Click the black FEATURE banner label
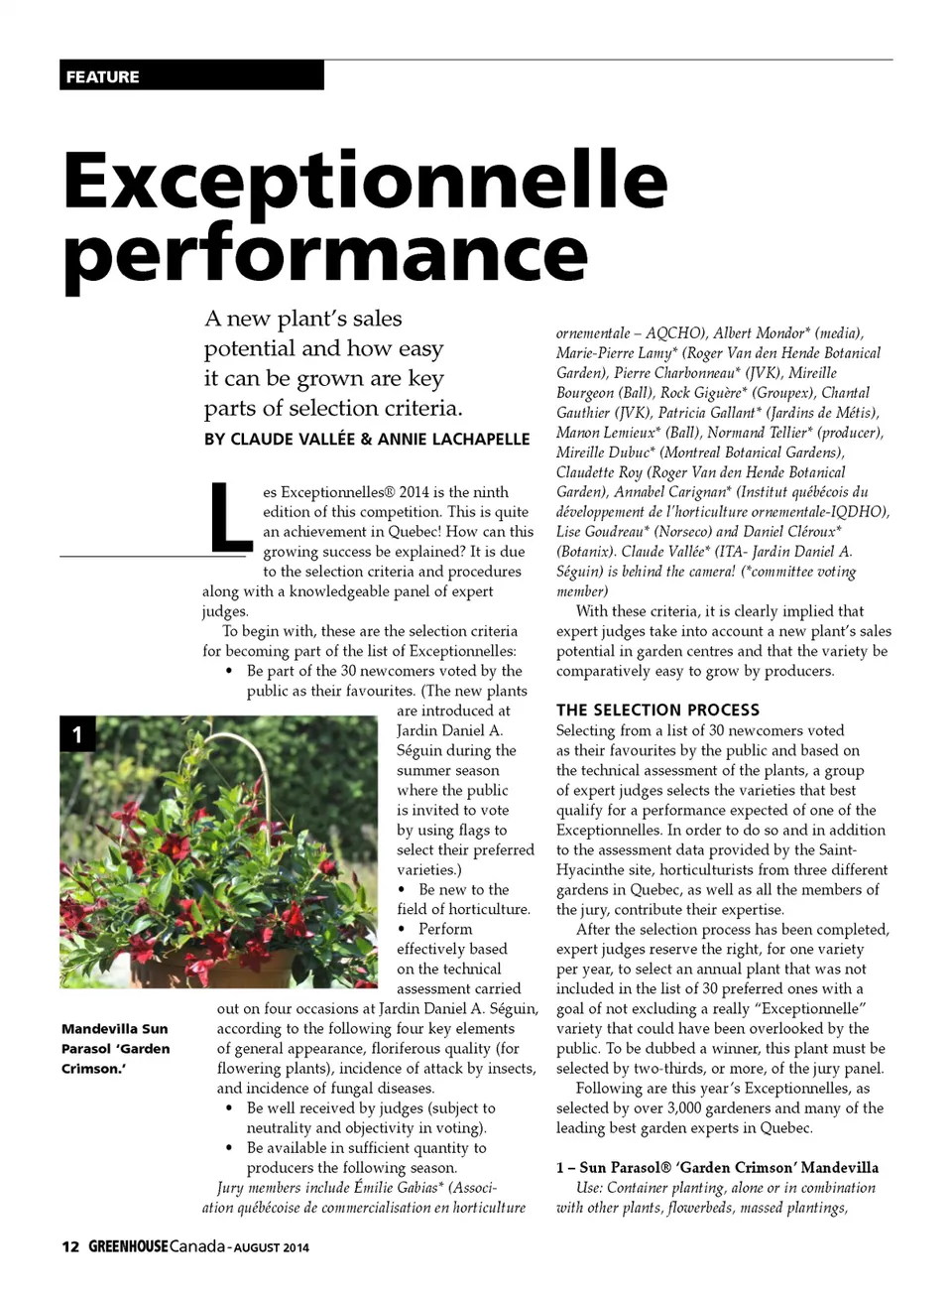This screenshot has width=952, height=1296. (x=102, y=76)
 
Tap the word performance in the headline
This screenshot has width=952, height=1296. (x=325, y=253)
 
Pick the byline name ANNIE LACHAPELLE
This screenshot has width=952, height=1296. (x=453, y=439)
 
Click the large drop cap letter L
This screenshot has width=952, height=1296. (x=230, y=517)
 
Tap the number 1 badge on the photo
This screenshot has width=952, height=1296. (x=77, y=735)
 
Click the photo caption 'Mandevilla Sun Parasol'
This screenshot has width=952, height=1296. (x=114, y=1039)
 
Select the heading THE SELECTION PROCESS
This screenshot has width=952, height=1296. (x=657, y=710)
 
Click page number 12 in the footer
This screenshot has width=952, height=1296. (x=69, y=1246)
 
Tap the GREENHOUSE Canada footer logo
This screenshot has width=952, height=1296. (x=157, y=1246)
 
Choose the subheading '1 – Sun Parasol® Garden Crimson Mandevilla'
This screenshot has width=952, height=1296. (x=717, y=1167)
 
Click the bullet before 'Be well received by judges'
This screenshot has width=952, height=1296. (x=230, y=1108)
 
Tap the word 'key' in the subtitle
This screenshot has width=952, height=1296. (x=425, y=378)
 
